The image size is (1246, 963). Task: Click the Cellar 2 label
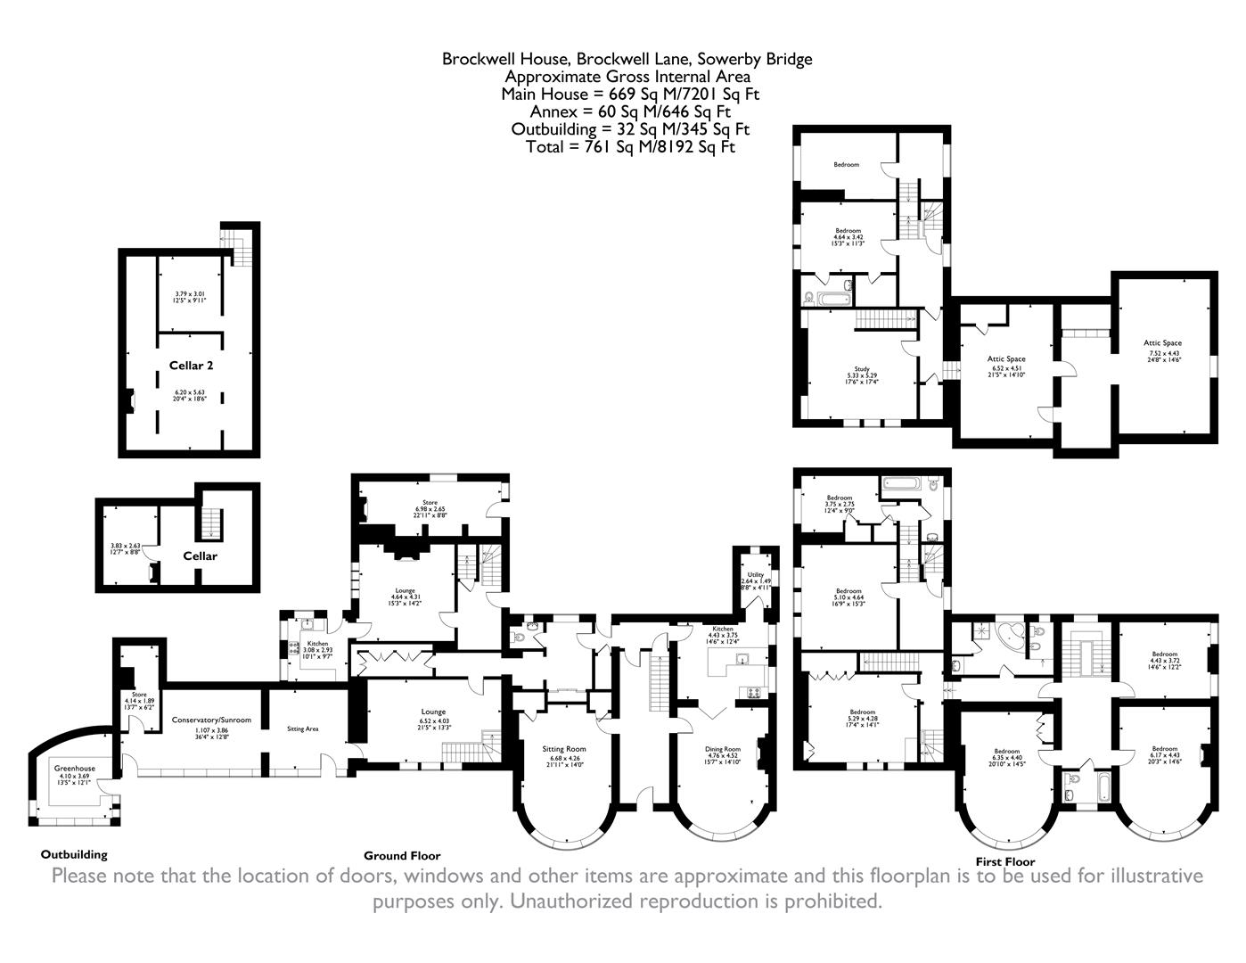[191, 365]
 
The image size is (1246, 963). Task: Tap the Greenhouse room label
[74, 768]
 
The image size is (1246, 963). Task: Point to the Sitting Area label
[303, 728]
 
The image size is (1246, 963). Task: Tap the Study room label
[861, 368]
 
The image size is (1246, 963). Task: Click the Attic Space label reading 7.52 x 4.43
[1162, 342]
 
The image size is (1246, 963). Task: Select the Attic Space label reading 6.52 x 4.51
[1006, 358]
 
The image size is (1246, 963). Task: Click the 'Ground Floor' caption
[401, 856]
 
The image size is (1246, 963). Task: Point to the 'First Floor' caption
[1004, 862]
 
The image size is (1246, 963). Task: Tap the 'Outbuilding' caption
[74, 854]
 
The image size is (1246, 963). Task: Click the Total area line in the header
[630, 147]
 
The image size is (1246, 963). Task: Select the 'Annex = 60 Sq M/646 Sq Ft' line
[629, 111]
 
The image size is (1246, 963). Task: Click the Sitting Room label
[564, 748]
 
